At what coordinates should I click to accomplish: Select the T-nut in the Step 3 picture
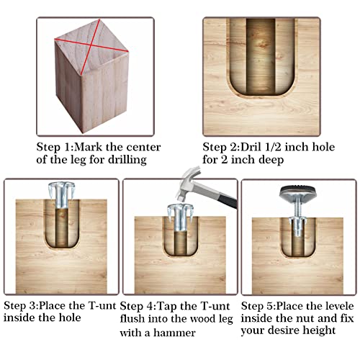point(62,195)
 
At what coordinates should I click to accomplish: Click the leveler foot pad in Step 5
point(297,192)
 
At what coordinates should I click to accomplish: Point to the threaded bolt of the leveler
point(297,208)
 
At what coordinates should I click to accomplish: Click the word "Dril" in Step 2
point(251,147)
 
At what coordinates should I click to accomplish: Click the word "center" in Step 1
point(143,147)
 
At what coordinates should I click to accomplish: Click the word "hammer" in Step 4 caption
point(174,333)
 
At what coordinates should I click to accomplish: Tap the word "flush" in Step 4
point(132,319)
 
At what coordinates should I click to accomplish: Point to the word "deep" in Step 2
point(271,160)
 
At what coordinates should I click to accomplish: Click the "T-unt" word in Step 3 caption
point(102,305)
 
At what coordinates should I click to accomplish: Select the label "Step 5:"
point(258,306)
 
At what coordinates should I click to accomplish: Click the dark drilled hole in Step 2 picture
point(261,56)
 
